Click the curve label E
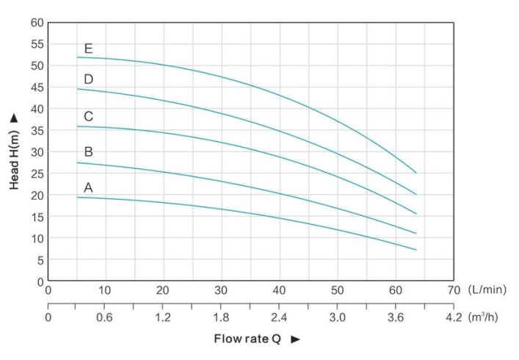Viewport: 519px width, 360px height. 89,49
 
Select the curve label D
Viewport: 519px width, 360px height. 89,79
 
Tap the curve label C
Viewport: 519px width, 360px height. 89,116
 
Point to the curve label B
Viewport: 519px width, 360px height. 89,152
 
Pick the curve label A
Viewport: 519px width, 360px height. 89,187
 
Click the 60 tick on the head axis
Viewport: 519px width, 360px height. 37,22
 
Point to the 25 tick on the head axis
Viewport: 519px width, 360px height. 37,173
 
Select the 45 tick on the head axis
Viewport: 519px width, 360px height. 37,87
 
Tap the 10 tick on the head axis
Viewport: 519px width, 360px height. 37,238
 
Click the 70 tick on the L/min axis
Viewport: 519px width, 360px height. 454,290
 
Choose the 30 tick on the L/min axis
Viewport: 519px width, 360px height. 222,290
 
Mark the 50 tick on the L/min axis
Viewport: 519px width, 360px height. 338,290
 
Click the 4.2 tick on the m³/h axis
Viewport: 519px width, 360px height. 454,317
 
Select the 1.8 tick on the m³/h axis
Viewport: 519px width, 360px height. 222,317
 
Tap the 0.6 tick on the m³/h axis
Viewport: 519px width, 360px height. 106,317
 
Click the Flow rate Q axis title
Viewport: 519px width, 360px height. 247,339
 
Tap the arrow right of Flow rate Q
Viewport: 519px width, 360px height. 296,339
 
